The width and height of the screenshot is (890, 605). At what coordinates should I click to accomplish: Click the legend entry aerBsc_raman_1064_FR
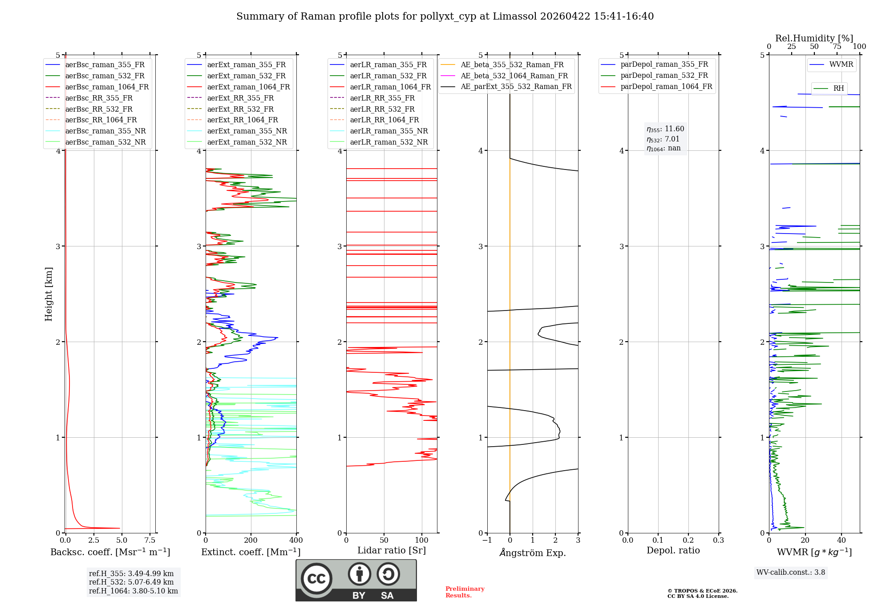107,87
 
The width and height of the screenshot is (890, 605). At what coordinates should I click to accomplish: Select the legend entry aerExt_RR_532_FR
240,109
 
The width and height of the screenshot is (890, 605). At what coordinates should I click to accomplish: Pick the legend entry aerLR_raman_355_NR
388,131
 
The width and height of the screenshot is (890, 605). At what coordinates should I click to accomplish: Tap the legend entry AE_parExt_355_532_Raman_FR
516,87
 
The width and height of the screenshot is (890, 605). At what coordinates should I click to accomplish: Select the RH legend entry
838,89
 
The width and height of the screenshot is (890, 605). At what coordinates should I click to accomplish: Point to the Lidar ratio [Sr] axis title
391,550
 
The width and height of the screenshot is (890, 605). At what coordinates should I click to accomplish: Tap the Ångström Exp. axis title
532,553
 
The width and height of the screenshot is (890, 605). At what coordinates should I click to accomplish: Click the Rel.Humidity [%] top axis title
814,38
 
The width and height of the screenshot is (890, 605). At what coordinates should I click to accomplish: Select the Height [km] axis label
49,294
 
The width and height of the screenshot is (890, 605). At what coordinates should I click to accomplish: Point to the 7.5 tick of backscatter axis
150,540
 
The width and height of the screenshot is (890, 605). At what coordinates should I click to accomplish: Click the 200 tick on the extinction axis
251,540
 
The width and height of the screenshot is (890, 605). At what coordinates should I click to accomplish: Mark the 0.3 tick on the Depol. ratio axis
718,540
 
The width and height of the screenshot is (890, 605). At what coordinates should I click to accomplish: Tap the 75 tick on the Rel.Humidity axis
837,47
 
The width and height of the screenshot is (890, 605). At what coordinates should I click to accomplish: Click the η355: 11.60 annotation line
665,129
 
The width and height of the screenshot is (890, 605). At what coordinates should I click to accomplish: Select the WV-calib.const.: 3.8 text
790,573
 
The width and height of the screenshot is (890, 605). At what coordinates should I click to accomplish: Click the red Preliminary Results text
465,592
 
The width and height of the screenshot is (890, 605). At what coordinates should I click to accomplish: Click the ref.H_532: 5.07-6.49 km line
131,582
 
